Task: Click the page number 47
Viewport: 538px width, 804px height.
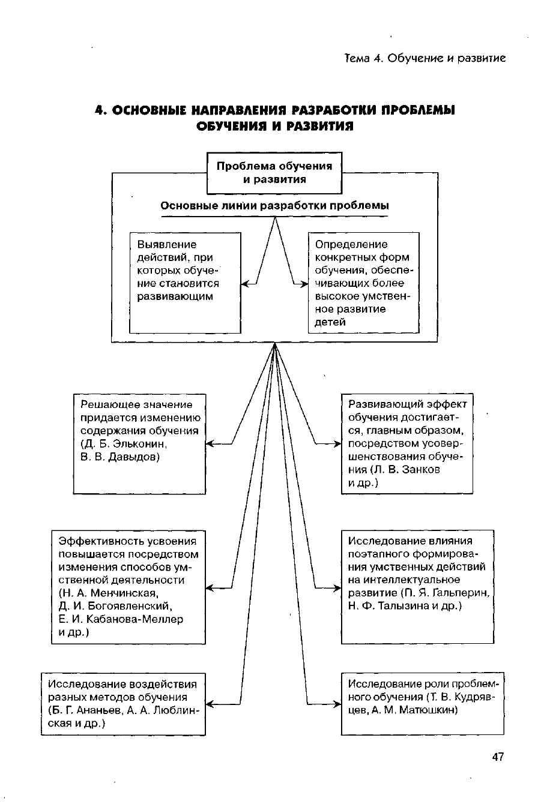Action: [497, 757]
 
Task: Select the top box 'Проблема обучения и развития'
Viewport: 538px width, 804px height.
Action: [274, 173]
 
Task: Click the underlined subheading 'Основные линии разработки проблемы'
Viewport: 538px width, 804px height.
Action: [274, 206]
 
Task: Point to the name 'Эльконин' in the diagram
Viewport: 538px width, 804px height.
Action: [140, 444]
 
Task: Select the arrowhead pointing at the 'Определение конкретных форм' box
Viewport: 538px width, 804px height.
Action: [304, 284]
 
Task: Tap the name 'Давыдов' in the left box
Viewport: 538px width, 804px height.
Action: [131, 457]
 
